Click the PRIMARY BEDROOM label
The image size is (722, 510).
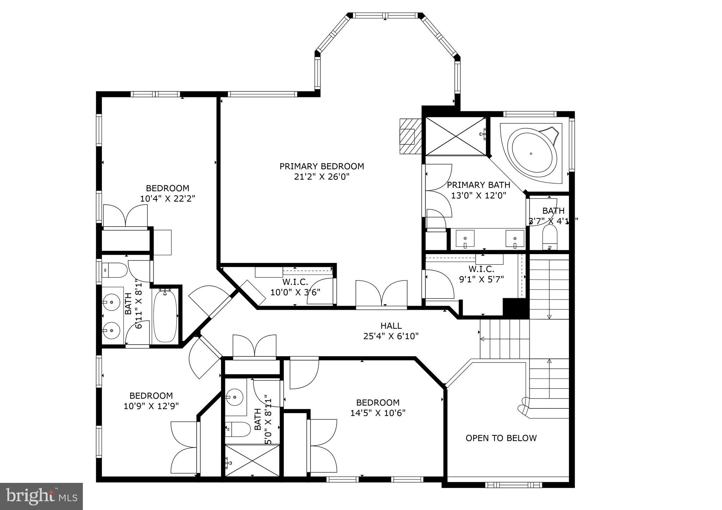pos(322,166)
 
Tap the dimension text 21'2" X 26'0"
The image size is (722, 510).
pos(322,177)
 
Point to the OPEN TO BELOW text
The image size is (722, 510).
pos(501,438)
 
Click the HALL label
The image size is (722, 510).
pos(391,326)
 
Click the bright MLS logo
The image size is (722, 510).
pos(42,496)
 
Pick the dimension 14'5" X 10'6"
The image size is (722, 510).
pos(378,413)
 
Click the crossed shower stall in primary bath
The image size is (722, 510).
pos(455,136)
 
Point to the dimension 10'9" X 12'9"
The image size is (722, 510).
pos(151,406)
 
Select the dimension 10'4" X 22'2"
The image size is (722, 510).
pos(167,198)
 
